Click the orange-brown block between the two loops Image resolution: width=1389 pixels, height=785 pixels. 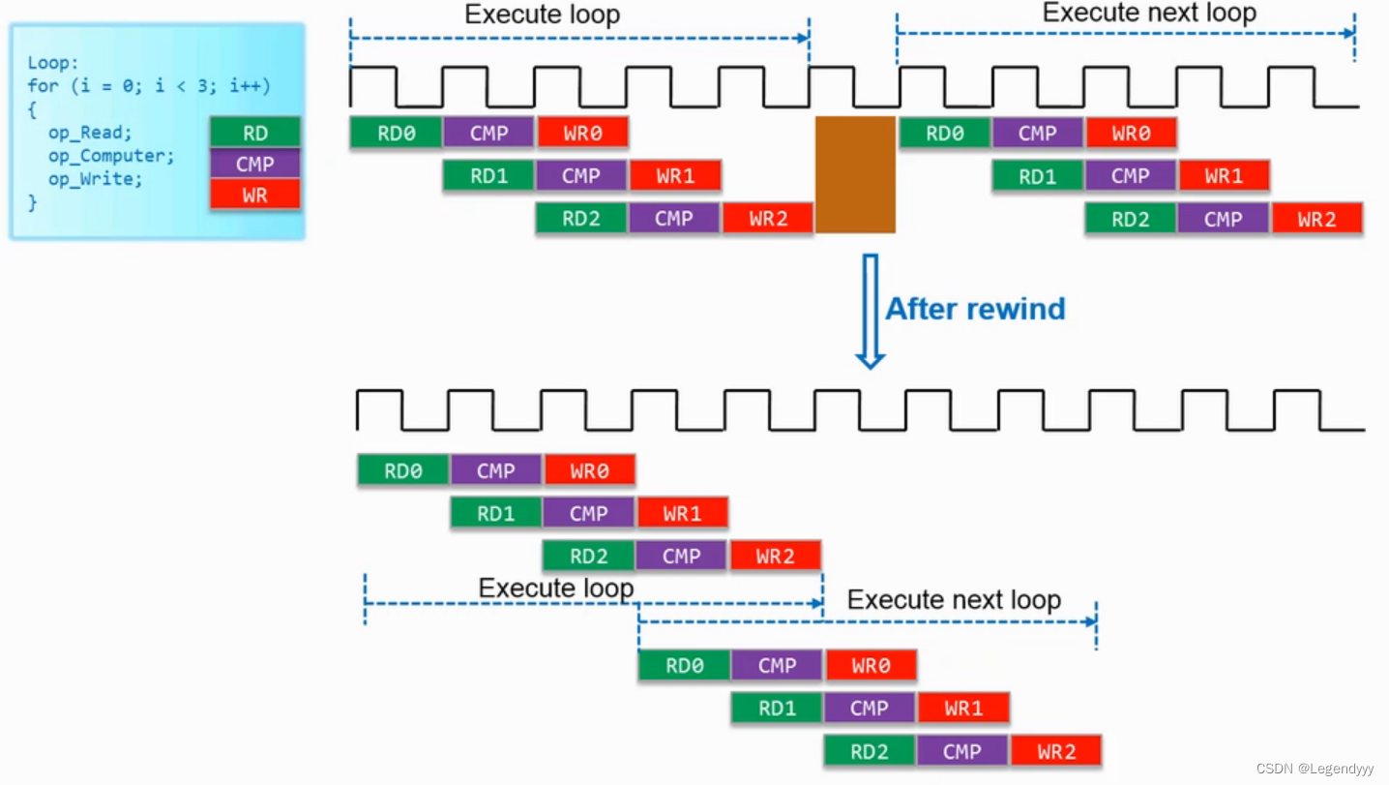pos(855,174)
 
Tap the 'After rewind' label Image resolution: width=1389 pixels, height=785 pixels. pos(975,309)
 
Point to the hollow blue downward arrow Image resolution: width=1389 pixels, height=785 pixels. pos(870,312)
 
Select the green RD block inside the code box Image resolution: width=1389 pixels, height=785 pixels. pos(254,133)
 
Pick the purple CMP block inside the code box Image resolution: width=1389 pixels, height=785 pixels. pos(254,164)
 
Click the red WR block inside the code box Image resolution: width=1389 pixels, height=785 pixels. pos(254,195)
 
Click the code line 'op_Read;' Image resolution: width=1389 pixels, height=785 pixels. pos(90,133)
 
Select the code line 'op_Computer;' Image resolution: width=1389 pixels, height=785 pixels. pos(111,156)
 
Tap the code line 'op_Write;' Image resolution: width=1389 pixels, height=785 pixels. pos(96,179)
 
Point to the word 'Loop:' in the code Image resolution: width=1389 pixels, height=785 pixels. pos(53,62)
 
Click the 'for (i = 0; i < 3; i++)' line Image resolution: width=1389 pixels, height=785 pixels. pos(149,85)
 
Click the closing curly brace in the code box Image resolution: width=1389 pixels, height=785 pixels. pos(32,203)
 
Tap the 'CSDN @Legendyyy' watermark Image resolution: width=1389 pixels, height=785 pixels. pos(1315,769)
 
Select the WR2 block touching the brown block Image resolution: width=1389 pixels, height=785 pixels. pos(768,218)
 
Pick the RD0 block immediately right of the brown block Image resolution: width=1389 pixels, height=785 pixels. pos(944,133)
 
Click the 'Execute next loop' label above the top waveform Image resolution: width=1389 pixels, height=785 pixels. pos(1150,13)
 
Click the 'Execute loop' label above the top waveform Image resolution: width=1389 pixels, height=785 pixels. pos(542,15)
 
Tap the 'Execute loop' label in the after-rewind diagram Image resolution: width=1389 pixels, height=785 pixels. pos(556,588)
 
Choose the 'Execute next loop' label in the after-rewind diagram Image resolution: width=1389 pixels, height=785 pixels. pos(955,599)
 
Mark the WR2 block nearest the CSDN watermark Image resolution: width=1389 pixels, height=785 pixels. pos(1056,751)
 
